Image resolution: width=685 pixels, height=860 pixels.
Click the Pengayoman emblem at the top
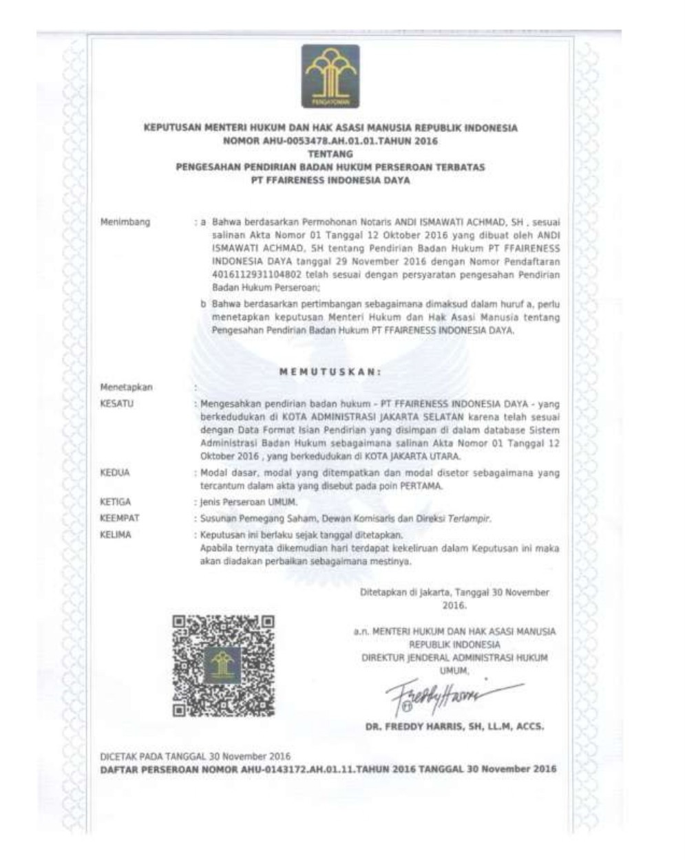coord(330,76)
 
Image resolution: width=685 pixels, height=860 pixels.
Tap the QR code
coord(223,665)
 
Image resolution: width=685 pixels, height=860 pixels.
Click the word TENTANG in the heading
coord(330,154)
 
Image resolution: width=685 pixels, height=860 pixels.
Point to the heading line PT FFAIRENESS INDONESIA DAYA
coord(330,181)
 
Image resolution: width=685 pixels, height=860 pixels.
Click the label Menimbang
coord(125,223)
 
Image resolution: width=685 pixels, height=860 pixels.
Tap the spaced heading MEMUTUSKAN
coord(330,372)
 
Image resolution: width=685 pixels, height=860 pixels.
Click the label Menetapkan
coord(127,387)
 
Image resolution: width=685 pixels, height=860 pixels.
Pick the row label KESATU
coord(116,404)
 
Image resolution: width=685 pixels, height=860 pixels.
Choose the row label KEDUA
coord(115,473)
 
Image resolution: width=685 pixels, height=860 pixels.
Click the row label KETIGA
coord(116,503)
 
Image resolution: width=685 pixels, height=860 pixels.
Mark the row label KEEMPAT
coord(118,519)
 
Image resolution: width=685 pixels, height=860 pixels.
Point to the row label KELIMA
coord(116,535)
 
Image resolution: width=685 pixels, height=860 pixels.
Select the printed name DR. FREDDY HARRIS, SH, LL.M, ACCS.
coord(455,727)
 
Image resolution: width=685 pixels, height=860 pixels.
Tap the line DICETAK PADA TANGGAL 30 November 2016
coord(196,756)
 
